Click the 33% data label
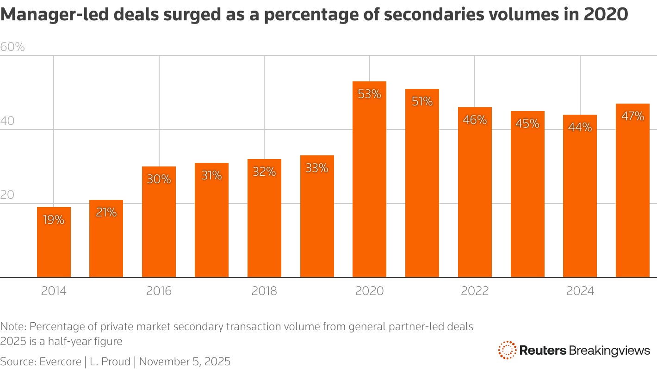[x=317, y=168]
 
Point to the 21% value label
[x=106, y=213]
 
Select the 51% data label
[x=422, y=102]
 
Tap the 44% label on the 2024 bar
[x=580, y=128]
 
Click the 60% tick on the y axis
[x=12, y=47]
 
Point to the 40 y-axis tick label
[x=8, y=121]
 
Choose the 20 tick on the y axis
[x=8, y=195]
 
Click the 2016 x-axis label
[x=159, y=291]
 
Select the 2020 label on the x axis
[x=369, y=291]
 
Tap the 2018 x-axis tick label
[x=264, y=291]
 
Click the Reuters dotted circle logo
[x=507, y=350]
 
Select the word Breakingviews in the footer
[x=609, y=350]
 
